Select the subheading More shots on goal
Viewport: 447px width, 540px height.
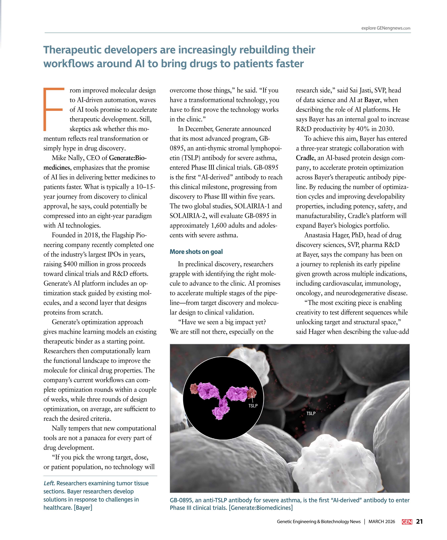[x=196, y=252]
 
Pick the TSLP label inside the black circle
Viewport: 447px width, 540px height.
[x=253, y=406]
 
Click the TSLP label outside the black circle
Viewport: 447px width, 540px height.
[x=311, y=414]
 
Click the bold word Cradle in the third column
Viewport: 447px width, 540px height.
[x=305, y=158]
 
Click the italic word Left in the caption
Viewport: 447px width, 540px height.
[x=49, y=483]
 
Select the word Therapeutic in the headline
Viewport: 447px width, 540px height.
[x=78, y=50]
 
